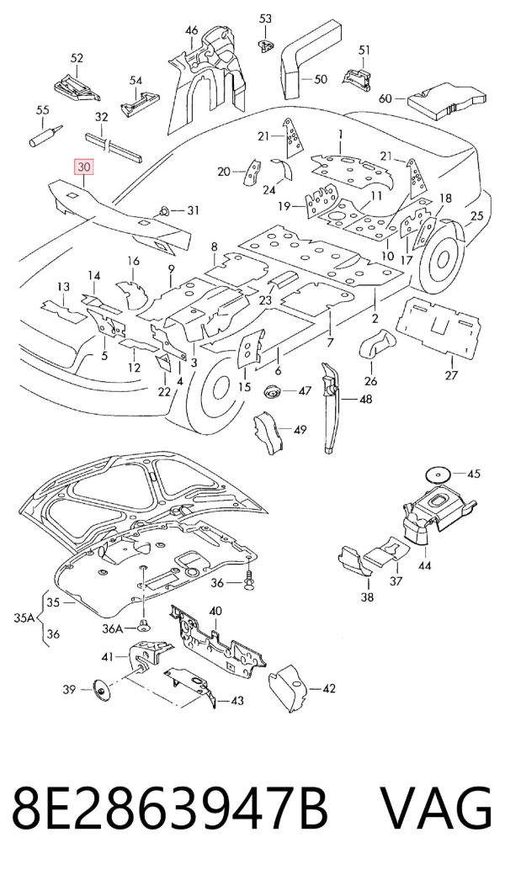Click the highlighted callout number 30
coord(83,167)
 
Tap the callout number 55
coord(43,110)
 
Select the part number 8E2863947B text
coord(169,808)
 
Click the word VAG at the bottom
coord(437,808)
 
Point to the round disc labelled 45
coord(436,474)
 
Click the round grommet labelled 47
coord(273,391)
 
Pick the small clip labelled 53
coord(265,43)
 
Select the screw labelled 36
coord(250,581)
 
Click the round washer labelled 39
coord(102,690)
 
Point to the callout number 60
coord(385,98)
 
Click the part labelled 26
coord(375,344)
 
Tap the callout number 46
coord(192,29)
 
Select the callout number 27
coord(452,375)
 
